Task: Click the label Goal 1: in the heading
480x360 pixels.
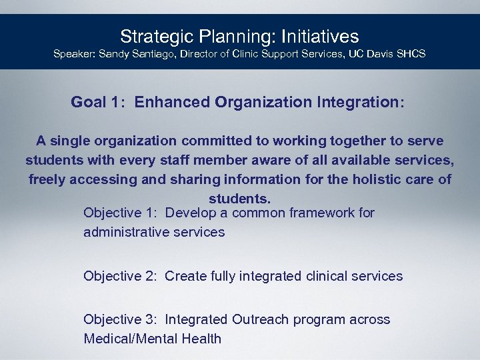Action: (x=96, y=103)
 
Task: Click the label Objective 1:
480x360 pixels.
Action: (x=121, y=213)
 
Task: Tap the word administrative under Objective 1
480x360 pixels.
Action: (x=127, y=233)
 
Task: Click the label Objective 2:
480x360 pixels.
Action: (x=121, y=276)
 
